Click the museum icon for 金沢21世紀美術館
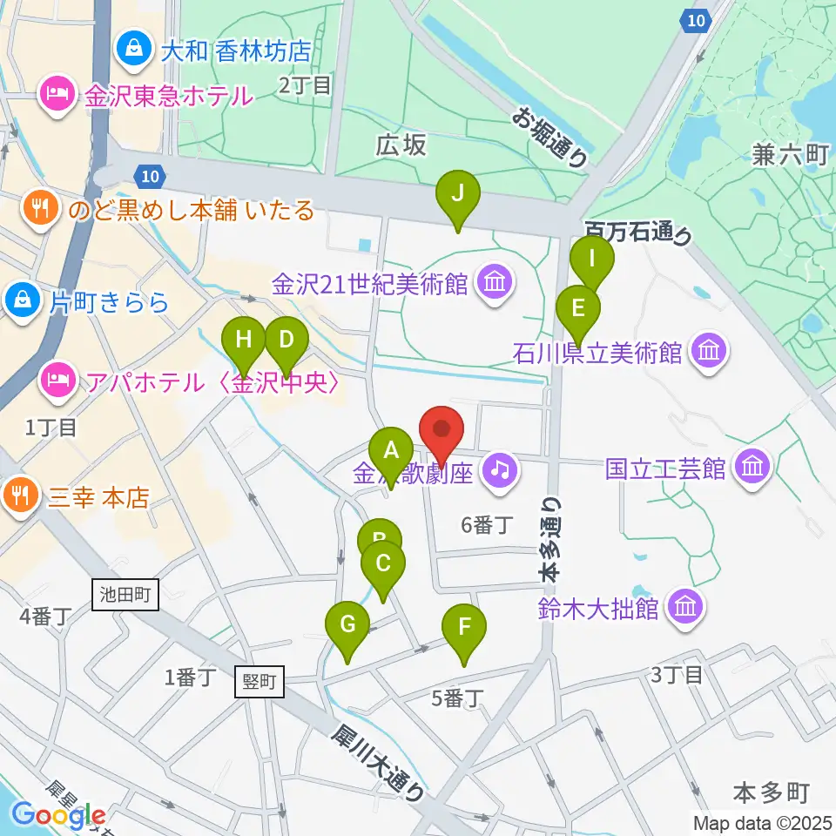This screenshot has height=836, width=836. coord(494,283)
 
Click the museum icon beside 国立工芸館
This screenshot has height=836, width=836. coord(752,468)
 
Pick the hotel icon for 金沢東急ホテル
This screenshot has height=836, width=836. coord(58,94)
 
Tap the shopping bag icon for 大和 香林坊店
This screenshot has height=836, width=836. coord(135,47)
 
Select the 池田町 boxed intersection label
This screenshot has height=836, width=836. coord(125,597)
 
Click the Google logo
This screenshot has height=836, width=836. coord(58,815)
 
